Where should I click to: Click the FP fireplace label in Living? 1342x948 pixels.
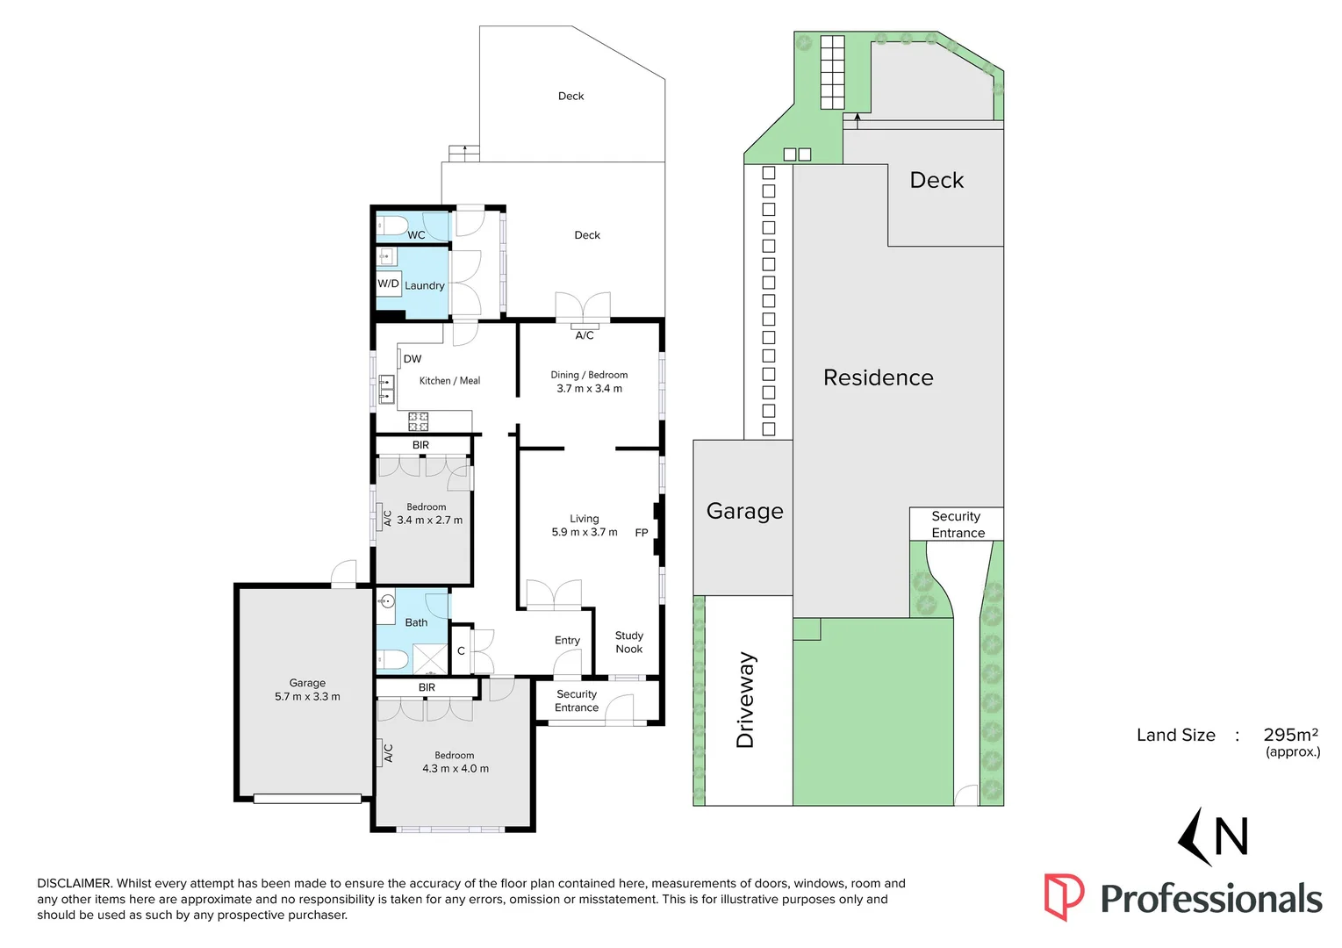(641, 533)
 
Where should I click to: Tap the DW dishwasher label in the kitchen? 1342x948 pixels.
(412, 359)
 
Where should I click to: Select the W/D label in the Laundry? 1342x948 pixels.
(388, 284)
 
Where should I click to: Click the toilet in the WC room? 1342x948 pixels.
(391, 225)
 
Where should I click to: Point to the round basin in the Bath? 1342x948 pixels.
(387, 602)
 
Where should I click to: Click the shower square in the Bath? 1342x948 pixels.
(430, 658)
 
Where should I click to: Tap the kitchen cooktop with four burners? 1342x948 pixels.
(418, 421)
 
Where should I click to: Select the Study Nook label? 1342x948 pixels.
(628, 643)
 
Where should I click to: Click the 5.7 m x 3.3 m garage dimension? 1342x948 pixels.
(307, 697)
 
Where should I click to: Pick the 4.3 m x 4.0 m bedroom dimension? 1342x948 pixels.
(455, 769)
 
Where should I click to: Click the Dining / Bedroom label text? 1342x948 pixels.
(589, 375)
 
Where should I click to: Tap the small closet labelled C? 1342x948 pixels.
(461, 651)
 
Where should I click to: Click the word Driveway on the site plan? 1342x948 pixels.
(745, 700)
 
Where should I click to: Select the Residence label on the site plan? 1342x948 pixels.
(878, 377)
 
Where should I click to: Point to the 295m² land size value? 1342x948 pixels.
(1290, 735)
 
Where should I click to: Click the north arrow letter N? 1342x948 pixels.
(1231, 837)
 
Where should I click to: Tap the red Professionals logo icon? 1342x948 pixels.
(1063, 896)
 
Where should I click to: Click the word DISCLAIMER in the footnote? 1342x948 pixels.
(75, 884)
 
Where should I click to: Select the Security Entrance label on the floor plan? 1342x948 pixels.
(577, 700)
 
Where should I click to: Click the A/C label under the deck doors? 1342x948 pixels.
(585, 335)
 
